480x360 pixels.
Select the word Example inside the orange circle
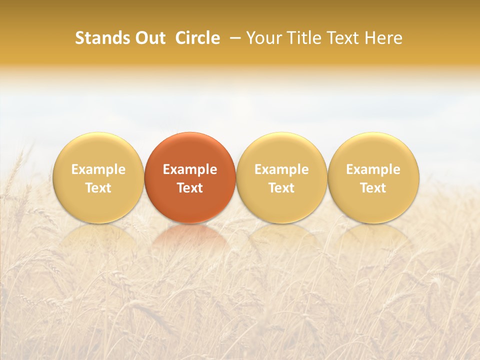point(190,169)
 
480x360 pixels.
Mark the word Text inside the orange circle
point(190,188)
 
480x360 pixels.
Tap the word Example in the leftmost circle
point(98,169)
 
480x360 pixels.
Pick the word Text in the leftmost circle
point(98,188)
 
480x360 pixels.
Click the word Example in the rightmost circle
point(373,169)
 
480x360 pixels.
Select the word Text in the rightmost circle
point(373,188)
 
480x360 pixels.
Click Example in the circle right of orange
point(281,169)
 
